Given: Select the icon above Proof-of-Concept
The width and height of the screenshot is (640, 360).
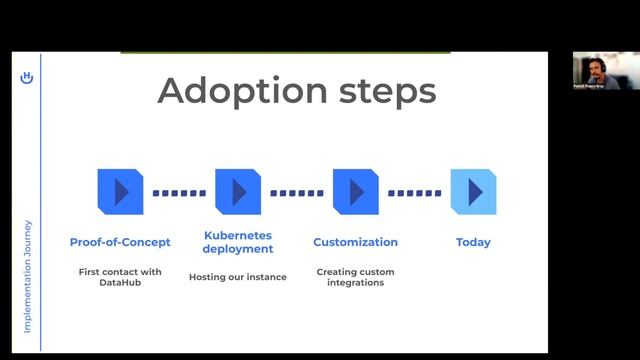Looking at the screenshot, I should (x=120, y=191).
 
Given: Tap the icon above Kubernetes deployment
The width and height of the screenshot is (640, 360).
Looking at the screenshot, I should (x=238, y=191).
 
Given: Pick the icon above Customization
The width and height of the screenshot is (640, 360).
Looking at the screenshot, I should (x=355, y=191).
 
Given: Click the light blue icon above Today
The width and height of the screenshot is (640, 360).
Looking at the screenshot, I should (x=473, y=191).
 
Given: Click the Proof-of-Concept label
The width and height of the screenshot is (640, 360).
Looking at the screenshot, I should (x=120, y=242).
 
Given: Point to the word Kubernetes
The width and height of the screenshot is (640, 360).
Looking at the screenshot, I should (x=238, y=235).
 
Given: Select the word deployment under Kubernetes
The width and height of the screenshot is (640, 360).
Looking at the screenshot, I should (x=238, y=249).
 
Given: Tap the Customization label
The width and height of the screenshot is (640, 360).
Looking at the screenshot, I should (x=355, y=242).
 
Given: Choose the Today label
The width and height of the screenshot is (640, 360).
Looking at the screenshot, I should (x=473, y=242).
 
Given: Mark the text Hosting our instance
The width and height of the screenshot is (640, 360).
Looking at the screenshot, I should (x=238, y=277).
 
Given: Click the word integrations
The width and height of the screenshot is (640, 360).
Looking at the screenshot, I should (x=355, y=283).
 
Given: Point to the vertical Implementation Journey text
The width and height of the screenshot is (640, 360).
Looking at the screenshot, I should (x=28, y=276).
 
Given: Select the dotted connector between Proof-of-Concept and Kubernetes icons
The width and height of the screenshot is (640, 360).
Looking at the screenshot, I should (x=179, y=192).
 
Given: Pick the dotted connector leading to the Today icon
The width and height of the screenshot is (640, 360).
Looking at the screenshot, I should (x=414, y=192).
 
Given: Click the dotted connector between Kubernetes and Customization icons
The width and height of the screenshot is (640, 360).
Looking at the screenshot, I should (x=297, y=192).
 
